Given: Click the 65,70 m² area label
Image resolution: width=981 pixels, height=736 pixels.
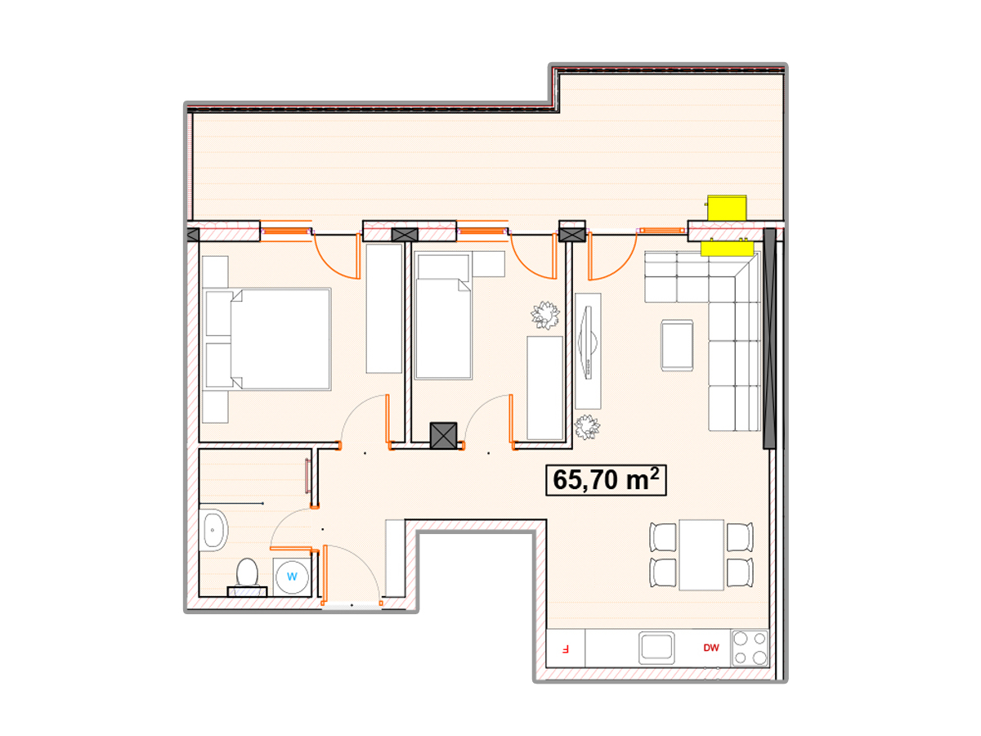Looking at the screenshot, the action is click(x=606, y=479).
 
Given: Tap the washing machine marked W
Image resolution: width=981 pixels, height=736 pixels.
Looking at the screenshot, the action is click(x=292, y=576).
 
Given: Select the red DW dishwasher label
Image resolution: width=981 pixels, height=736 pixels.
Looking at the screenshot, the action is click(x=711, y=648).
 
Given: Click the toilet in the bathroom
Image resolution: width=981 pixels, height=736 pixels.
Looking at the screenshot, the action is click(x=247, y=577).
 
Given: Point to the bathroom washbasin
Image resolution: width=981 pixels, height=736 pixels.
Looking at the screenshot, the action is click(x=213, y=530).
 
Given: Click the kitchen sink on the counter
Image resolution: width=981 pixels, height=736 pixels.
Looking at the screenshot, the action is click(x=656, y=648).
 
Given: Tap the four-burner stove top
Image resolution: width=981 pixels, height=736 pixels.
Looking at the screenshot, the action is click(x=750, y=648).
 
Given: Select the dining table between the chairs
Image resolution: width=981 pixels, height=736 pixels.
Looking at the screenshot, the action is click(x=701, y=554).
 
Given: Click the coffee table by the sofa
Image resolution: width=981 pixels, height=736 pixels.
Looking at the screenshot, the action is click(x=677, y=345).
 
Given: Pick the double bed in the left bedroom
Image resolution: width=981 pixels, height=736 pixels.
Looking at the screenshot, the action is click(x=268, y=339).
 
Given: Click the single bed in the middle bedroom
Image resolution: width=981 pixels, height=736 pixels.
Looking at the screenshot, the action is click(x=443, y=316).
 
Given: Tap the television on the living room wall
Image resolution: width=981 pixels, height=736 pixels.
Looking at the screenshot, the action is click(x=588, y=343).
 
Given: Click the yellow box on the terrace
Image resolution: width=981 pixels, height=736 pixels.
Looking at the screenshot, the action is click(x=727, y=208).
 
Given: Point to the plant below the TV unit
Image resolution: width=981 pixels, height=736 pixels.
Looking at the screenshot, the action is click(x=587, y=427).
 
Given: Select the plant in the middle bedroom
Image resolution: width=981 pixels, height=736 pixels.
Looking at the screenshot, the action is click(x=545, y=315).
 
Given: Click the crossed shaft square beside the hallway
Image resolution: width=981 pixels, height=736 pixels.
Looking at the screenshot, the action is click(x=443, y=435).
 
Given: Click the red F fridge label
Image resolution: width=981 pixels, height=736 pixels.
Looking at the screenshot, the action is click(x=566, y=648).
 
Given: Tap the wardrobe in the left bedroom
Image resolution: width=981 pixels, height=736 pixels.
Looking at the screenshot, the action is click(x=384, y=308).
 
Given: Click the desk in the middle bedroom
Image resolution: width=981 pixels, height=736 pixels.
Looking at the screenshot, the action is click(x=544, y=388).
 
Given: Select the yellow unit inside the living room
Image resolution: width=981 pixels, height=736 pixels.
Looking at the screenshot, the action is click(x=727, y=248).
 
